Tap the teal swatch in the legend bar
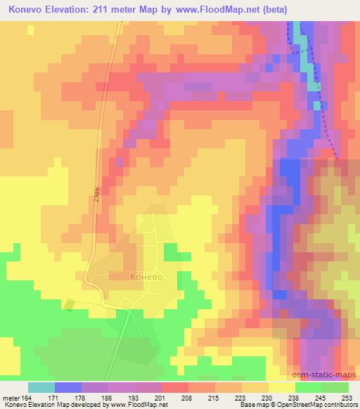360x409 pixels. (x=41, y=387)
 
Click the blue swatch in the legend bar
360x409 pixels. (x=68, y=387)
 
